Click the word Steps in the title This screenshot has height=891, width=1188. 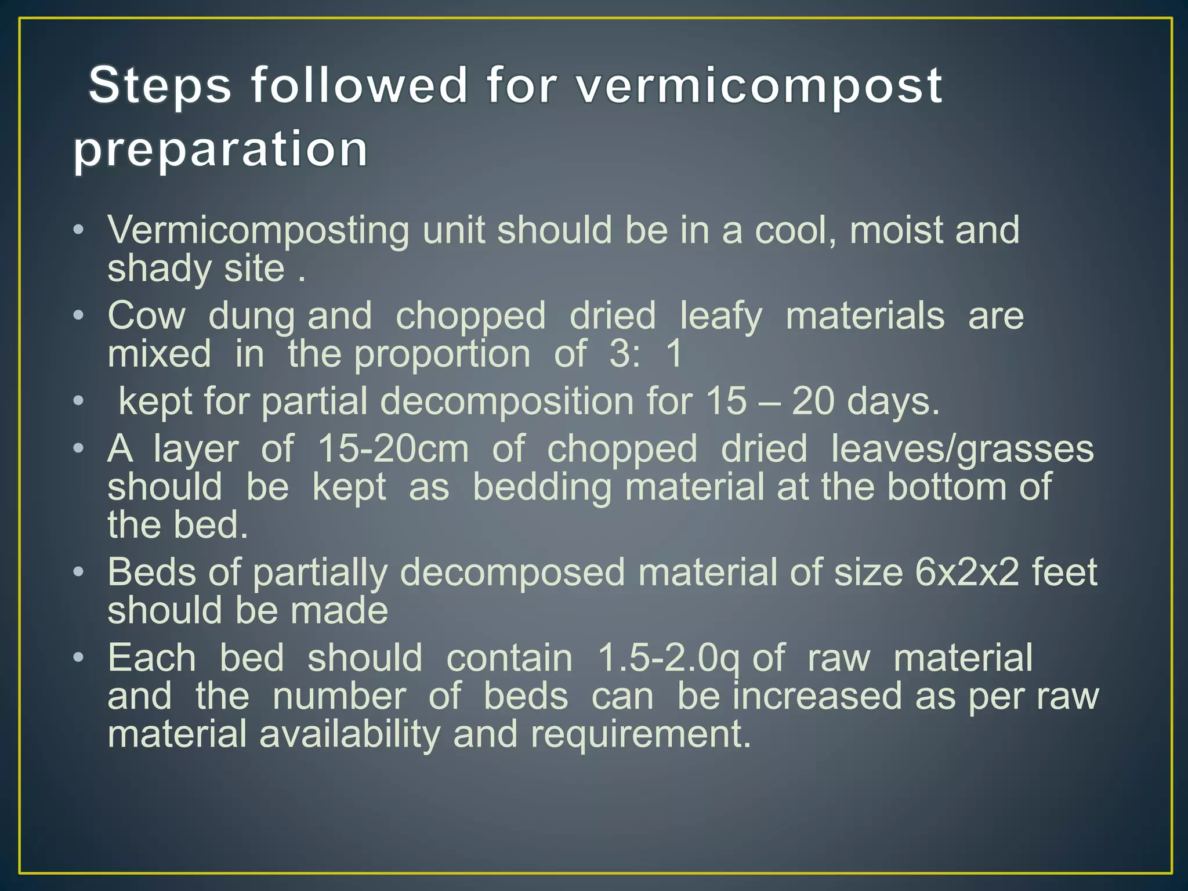(160, 85)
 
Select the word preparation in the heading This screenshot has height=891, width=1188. (220, 149)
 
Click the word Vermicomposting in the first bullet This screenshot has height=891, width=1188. (259, 231)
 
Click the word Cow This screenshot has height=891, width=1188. (146, 316)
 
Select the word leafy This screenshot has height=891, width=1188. (721, 317)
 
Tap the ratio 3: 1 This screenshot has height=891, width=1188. (646, 354)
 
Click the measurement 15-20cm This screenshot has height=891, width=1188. (393, 449)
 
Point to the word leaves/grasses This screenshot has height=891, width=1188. (962, 450)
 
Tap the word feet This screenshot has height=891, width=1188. (1065, 573)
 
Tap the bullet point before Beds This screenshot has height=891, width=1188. (79, 573)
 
